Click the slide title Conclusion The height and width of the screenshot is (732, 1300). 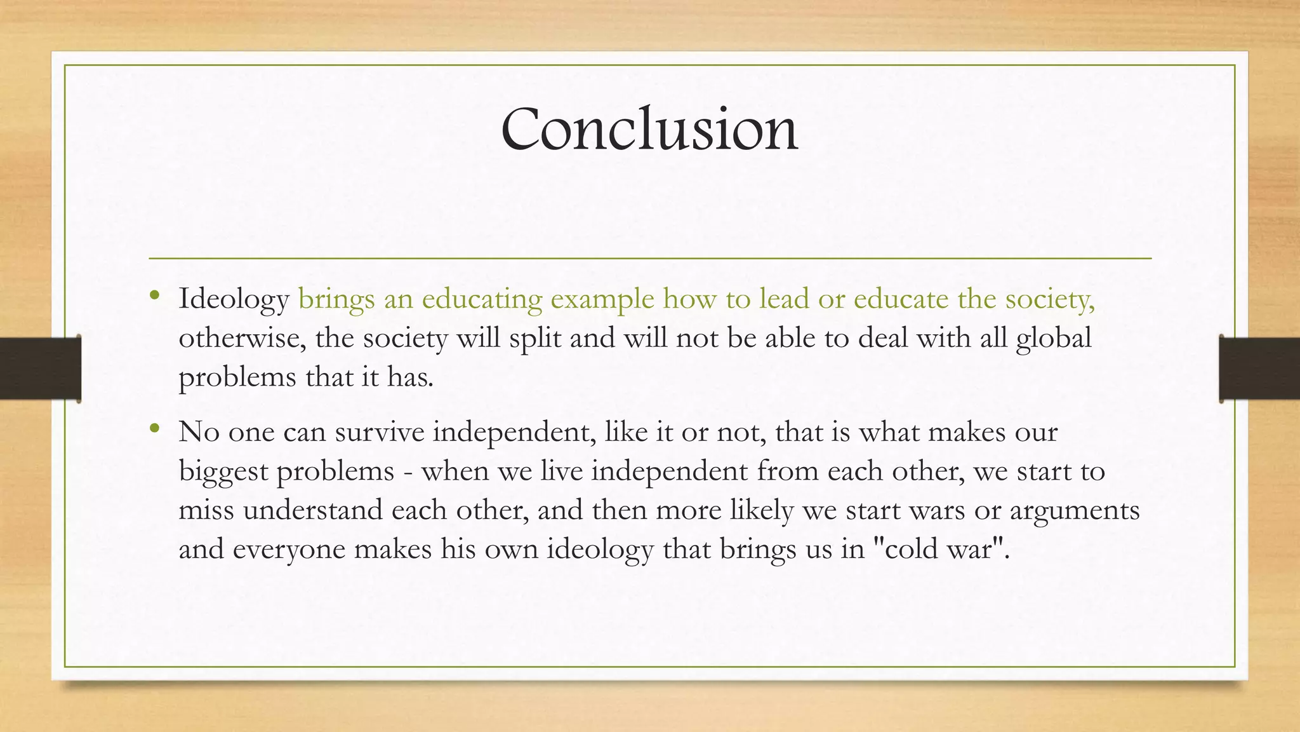click(x=649, y=129)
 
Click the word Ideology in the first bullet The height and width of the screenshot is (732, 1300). click(x=234, y=299)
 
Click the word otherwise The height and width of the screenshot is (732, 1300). click(x=242, y=338)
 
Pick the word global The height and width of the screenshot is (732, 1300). click(x=1053, y=338)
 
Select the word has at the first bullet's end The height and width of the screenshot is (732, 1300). click(x=410, y=377)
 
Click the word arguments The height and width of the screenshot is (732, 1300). click(x=1074, y=510)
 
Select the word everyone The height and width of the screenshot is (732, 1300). click(x=289, y=549)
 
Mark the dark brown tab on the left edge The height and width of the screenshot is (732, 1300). click(x=40, y=369)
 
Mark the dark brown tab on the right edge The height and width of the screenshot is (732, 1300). click(x=1259, y=369)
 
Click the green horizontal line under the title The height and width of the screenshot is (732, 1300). click(x=650, y=259)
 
